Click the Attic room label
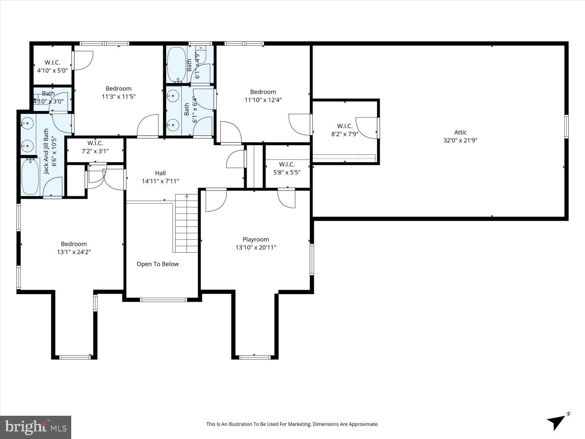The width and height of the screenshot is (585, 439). (x=460, y=133)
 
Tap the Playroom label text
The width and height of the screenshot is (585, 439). (x=256, y=240)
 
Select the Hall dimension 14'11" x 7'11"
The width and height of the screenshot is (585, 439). (x=160, y=181)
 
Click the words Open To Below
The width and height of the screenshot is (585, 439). (x=158, y=264)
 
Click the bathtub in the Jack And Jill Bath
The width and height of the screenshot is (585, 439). (x=30, y=177)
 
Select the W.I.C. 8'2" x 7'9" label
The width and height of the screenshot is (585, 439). (x=344, y=130)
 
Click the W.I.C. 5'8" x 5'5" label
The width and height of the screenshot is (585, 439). (x=287, y=168)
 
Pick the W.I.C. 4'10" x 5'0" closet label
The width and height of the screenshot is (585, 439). (x=52, y=66)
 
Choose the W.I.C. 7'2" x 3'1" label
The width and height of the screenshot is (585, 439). (x=95, y=147)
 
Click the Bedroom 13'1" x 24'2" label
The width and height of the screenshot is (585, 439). (x=74, y=248)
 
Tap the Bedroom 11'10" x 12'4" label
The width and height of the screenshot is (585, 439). (x=263, y=96)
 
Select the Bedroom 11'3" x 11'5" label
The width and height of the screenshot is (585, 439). (x=118, y=93)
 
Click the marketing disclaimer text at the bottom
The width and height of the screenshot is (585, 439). (x=292, y=424)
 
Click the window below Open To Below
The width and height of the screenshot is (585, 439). (x=163, y=300)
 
